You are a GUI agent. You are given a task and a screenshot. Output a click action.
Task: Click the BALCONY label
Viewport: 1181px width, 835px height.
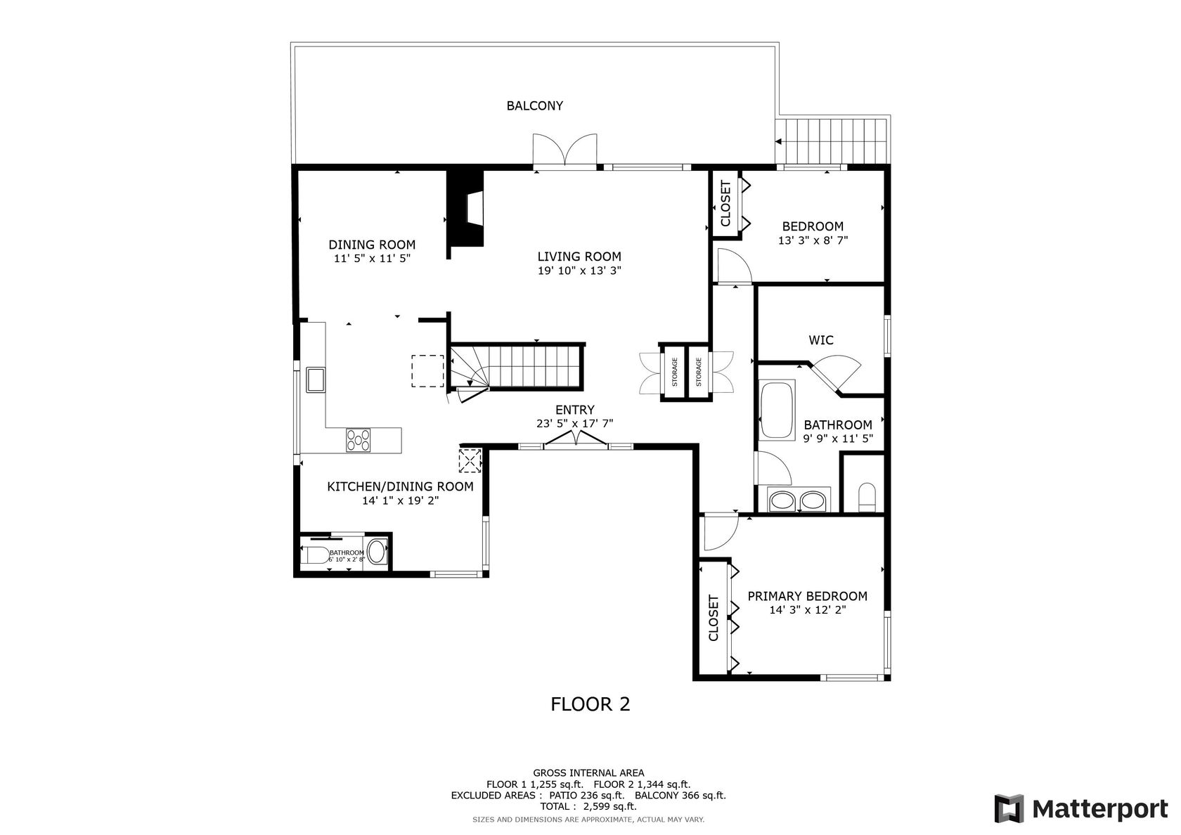pyautogui.click(x=534, y=106)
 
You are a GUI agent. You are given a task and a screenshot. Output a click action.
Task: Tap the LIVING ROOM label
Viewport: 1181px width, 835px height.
pyautogui.click(x=579, y=257)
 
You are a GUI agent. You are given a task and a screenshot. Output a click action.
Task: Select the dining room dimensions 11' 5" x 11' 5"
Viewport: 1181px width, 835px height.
pyautogui.click(x=373, y=259)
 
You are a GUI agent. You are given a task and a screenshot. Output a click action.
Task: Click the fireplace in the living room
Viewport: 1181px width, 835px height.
pyautogui.click(x=465, y=208)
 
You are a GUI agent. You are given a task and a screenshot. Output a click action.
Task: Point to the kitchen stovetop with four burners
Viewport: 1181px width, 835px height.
pyautogui.click(x=358, y=440)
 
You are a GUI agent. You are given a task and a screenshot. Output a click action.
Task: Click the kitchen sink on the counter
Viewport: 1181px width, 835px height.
pyautogui.click(x=316, y=380)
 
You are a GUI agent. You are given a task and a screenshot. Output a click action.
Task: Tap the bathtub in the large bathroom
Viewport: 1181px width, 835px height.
pyautogui.click(x=777, y=410)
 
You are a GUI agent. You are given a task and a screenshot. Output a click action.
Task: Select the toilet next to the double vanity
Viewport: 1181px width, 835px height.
pyautogui.click(x=867, y=496)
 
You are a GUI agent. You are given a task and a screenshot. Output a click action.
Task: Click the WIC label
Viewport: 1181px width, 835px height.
pyautogui.click(x=821, y=340)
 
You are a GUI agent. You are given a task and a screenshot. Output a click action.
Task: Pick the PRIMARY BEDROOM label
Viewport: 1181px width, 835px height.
pyautogui.click(x=807, y=596)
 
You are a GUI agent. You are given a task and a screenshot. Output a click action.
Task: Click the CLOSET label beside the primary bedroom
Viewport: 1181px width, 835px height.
pyautogui.click(x=714, y=618)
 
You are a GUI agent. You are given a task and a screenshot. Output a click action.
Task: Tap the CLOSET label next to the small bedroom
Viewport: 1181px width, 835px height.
pyautogui.click(x=725, y=204)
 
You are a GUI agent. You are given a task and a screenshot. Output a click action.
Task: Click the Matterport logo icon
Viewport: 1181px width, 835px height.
pyautogui.click(x=1009, y=808)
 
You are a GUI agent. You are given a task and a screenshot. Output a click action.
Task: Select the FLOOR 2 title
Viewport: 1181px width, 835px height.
pyautogui.click(x=590, y=704)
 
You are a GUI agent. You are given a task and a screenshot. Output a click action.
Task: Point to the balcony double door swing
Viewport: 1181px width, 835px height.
pyautogui.click(x=564, y=150)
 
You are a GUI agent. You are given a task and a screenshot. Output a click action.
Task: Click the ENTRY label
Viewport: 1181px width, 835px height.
pyautogui.click(x=575, y=410)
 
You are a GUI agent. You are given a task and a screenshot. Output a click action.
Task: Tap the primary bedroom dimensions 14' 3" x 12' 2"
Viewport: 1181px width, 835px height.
pyautogui.click(x=808, y=610)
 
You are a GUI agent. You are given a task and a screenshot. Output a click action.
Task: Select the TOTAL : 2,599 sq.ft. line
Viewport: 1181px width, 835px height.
pyautogui.click(x=588, y=807)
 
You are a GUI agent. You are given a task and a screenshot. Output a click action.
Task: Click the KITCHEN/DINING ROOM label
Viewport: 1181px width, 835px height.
pyautogui.click(x=400, y=486)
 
